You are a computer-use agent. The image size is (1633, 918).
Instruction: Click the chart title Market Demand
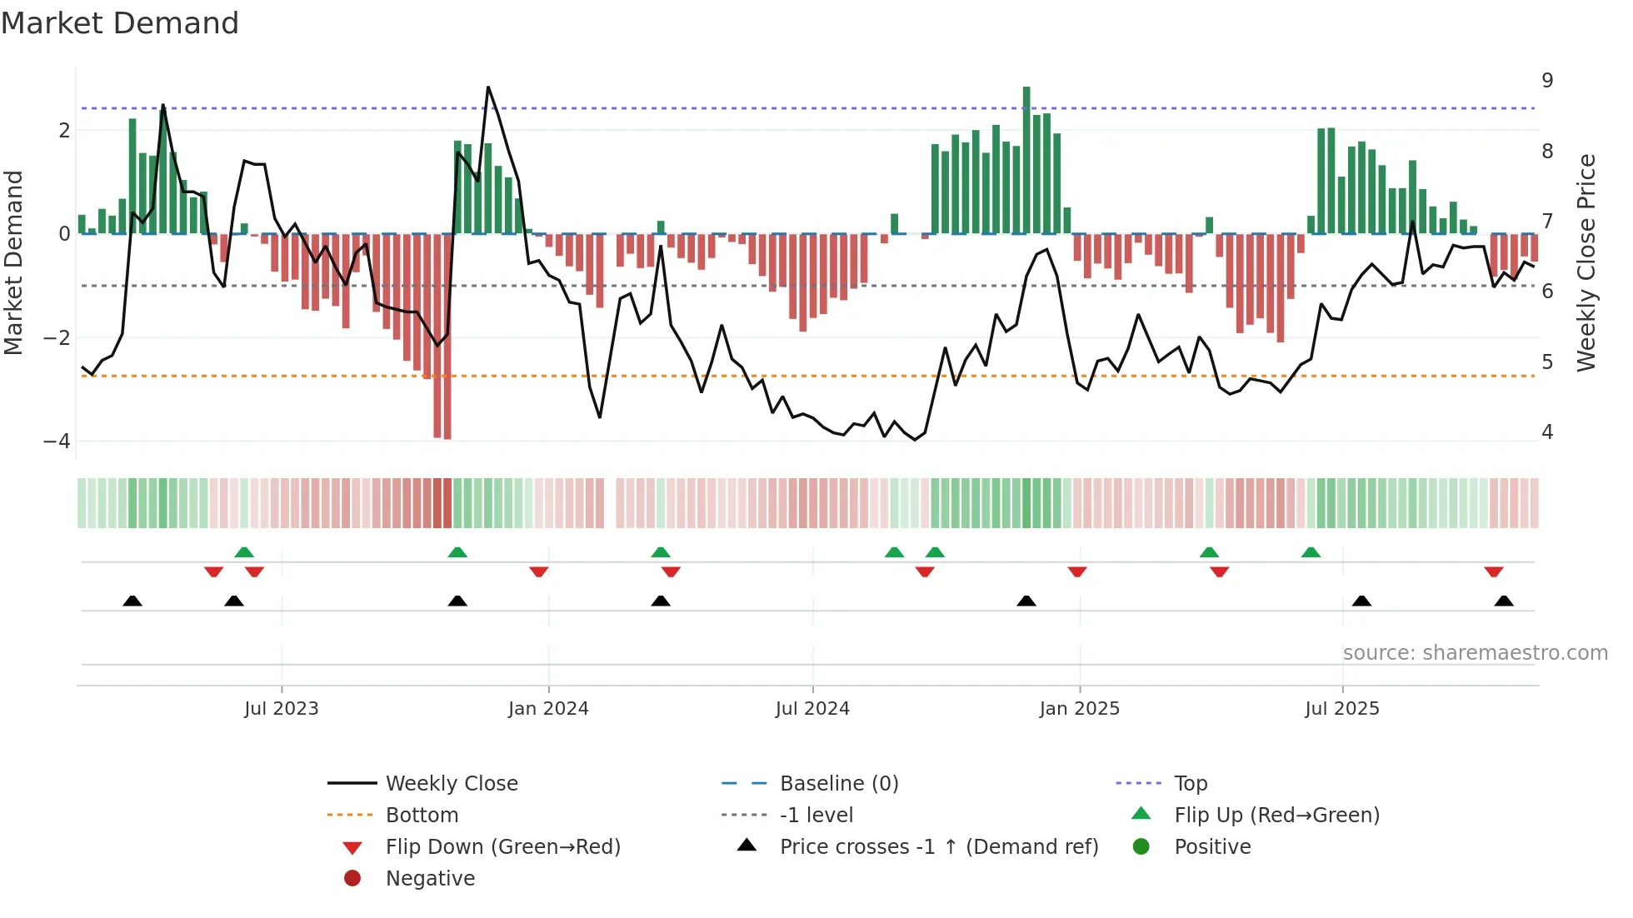pyautogui.click(x=120, y=23)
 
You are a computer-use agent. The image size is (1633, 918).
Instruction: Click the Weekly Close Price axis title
pyautogui.click(x=1586, y=262)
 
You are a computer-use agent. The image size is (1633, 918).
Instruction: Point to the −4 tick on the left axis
pyautogui.click(x=57, y=442)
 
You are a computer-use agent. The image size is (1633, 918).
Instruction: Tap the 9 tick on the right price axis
pyautogui.click(x=1547, y=81)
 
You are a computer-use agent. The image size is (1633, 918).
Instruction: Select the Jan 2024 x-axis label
pyautogui.click(x=548, y=709)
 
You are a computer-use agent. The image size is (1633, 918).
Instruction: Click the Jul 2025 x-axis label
pyautogui.click(x=1341, y=709)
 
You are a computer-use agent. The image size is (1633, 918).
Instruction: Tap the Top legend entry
pyautogui.click(x=1190, y=784)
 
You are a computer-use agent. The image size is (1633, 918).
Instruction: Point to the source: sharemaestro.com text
pyautogui.click(x=1475, y=653)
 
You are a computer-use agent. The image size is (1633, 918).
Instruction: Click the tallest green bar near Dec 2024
pyautogui.click(x=1026, y=158)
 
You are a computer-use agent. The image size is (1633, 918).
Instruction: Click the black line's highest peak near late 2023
pyautogui.click(x=488, y=87)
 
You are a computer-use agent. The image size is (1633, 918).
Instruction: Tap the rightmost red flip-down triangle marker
pyautogui.click(x=1493, y=571)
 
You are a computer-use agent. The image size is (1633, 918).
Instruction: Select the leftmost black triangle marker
pyautogui.click(x=132, y=601)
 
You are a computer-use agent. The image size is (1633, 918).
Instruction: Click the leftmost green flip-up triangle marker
pyautogui.click(x=244, y=552)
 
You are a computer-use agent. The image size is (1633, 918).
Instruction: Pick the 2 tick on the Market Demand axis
pyautogui.click(x=64, y=131)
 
